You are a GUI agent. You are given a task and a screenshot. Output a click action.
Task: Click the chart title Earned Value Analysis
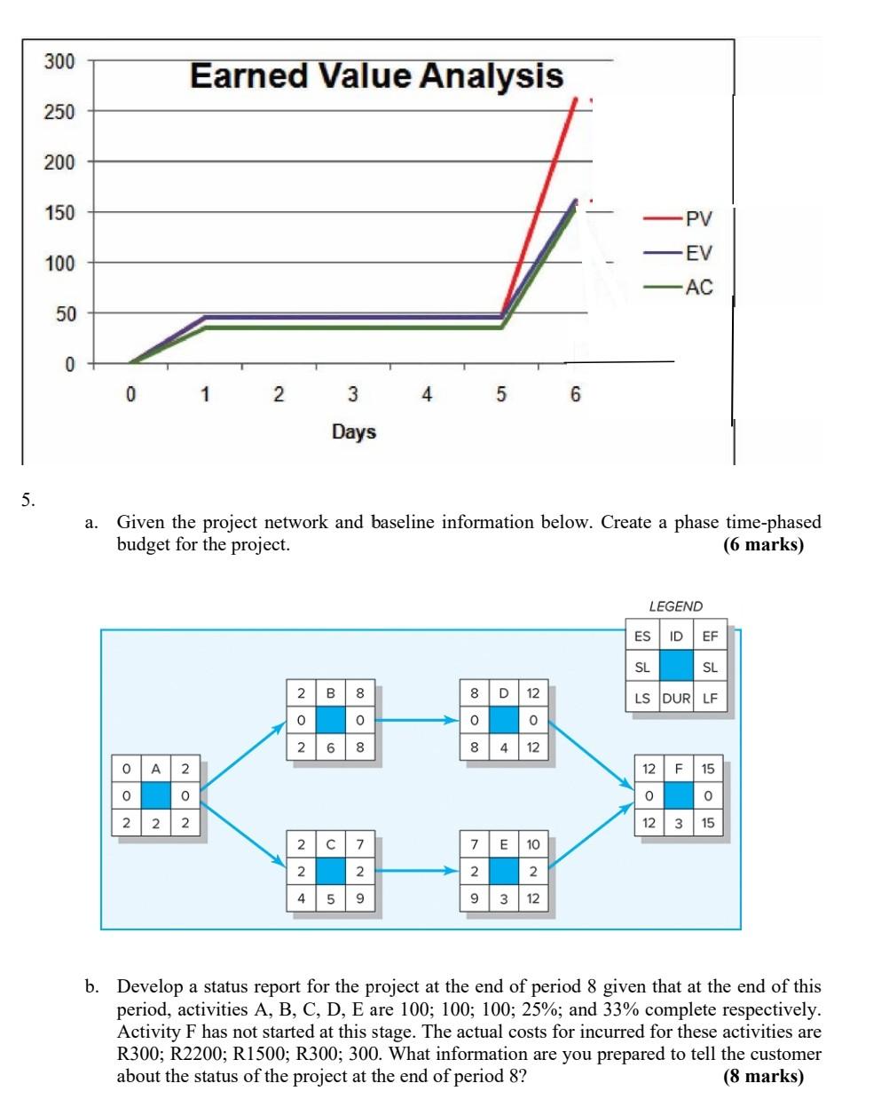[x=376, y=75]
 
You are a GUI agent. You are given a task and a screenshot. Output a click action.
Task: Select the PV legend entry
[x=697, y=218]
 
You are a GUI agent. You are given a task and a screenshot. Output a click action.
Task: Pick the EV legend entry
[x=697, y=253]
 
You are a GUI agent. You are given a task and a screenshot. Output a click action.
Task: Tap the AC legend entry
[x=697, y=287]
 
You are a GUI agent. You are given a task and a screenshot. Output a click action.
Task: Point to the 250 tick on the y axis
[x=60, y=112]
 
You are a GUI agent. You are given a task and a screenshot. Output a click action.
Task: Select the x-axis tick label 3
[x=352, y=394]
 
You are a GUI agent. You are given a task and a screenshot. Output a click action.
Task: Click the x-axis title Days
[x=354, y=432]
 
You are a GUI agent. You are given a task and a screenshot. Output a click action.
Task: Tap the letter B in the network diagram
[x=331, y=692]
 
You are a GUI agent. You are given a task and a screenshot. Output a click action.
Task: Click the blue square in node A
[x=155, y=795]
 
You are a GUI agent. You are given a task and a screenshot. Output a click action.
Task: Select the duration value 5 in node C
[x=331, y=898]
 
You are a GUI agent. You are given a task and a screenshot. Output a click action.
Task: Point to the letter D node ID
[x=504, y=692]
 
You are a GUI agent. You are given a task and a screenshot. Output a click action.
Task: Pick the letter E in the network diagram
[x=504, y=844]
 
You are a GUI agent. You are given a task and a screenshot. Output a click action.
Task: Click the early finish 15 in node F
[x=708, y=769]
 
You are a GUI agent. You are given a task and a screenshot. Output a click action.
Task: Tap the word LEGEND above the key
[x=675, y=606]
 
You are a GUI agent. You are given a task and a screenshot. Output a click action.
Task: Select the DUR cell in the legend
[x=676, y=698]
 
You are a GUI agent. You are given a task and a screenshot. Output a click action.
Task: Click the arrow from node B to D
[x=417, y=720]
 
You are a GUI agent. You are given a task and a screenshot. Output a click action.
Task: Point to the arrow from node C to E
[x=417, y=871]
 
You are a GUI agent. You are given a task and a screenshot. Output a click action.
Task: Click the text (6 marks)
[x=764, y=545]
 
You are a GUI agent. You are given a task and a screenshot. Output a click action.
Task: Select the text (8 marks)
[x=764, y=1077]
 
